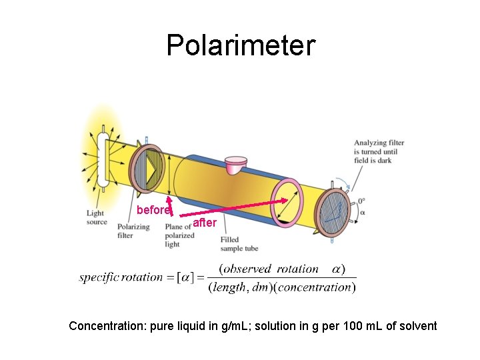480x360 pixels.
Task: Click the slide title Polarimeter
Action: point(240,45)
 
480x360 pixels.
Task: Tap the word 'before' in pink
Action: point(153,210)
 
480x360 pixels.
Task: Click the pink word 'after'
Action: point(205,223)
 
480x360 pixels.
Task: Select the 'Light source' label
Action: point(97,217)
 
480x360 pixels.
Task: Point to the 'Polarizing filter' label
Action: point(134,231)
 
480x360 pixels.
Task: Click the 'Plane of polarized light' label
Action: point(179,235)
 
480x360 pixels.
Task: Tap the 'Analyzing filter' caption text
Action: point(379,151)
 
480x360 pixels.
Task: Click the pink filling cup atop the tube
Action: point(235,165)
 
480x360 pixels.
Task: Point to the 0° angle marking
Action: point(361,200)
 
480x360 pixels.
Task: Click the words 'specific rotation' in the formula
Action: point(121,277)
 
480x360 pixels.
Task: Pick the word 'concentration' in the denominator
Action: point(317,287)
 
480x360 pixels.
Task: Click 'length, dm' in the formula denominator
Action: point(239,287)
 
